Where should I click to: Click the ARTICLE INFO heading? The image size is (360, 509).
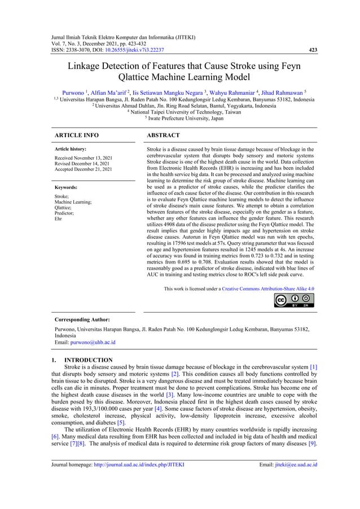75,135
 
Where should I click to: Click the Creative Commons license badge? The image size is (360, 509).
294,300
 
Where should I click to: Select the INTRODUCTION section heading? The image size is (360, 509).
88,359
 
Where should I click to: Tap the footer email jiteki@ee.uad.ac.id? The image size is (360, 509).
294,465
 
